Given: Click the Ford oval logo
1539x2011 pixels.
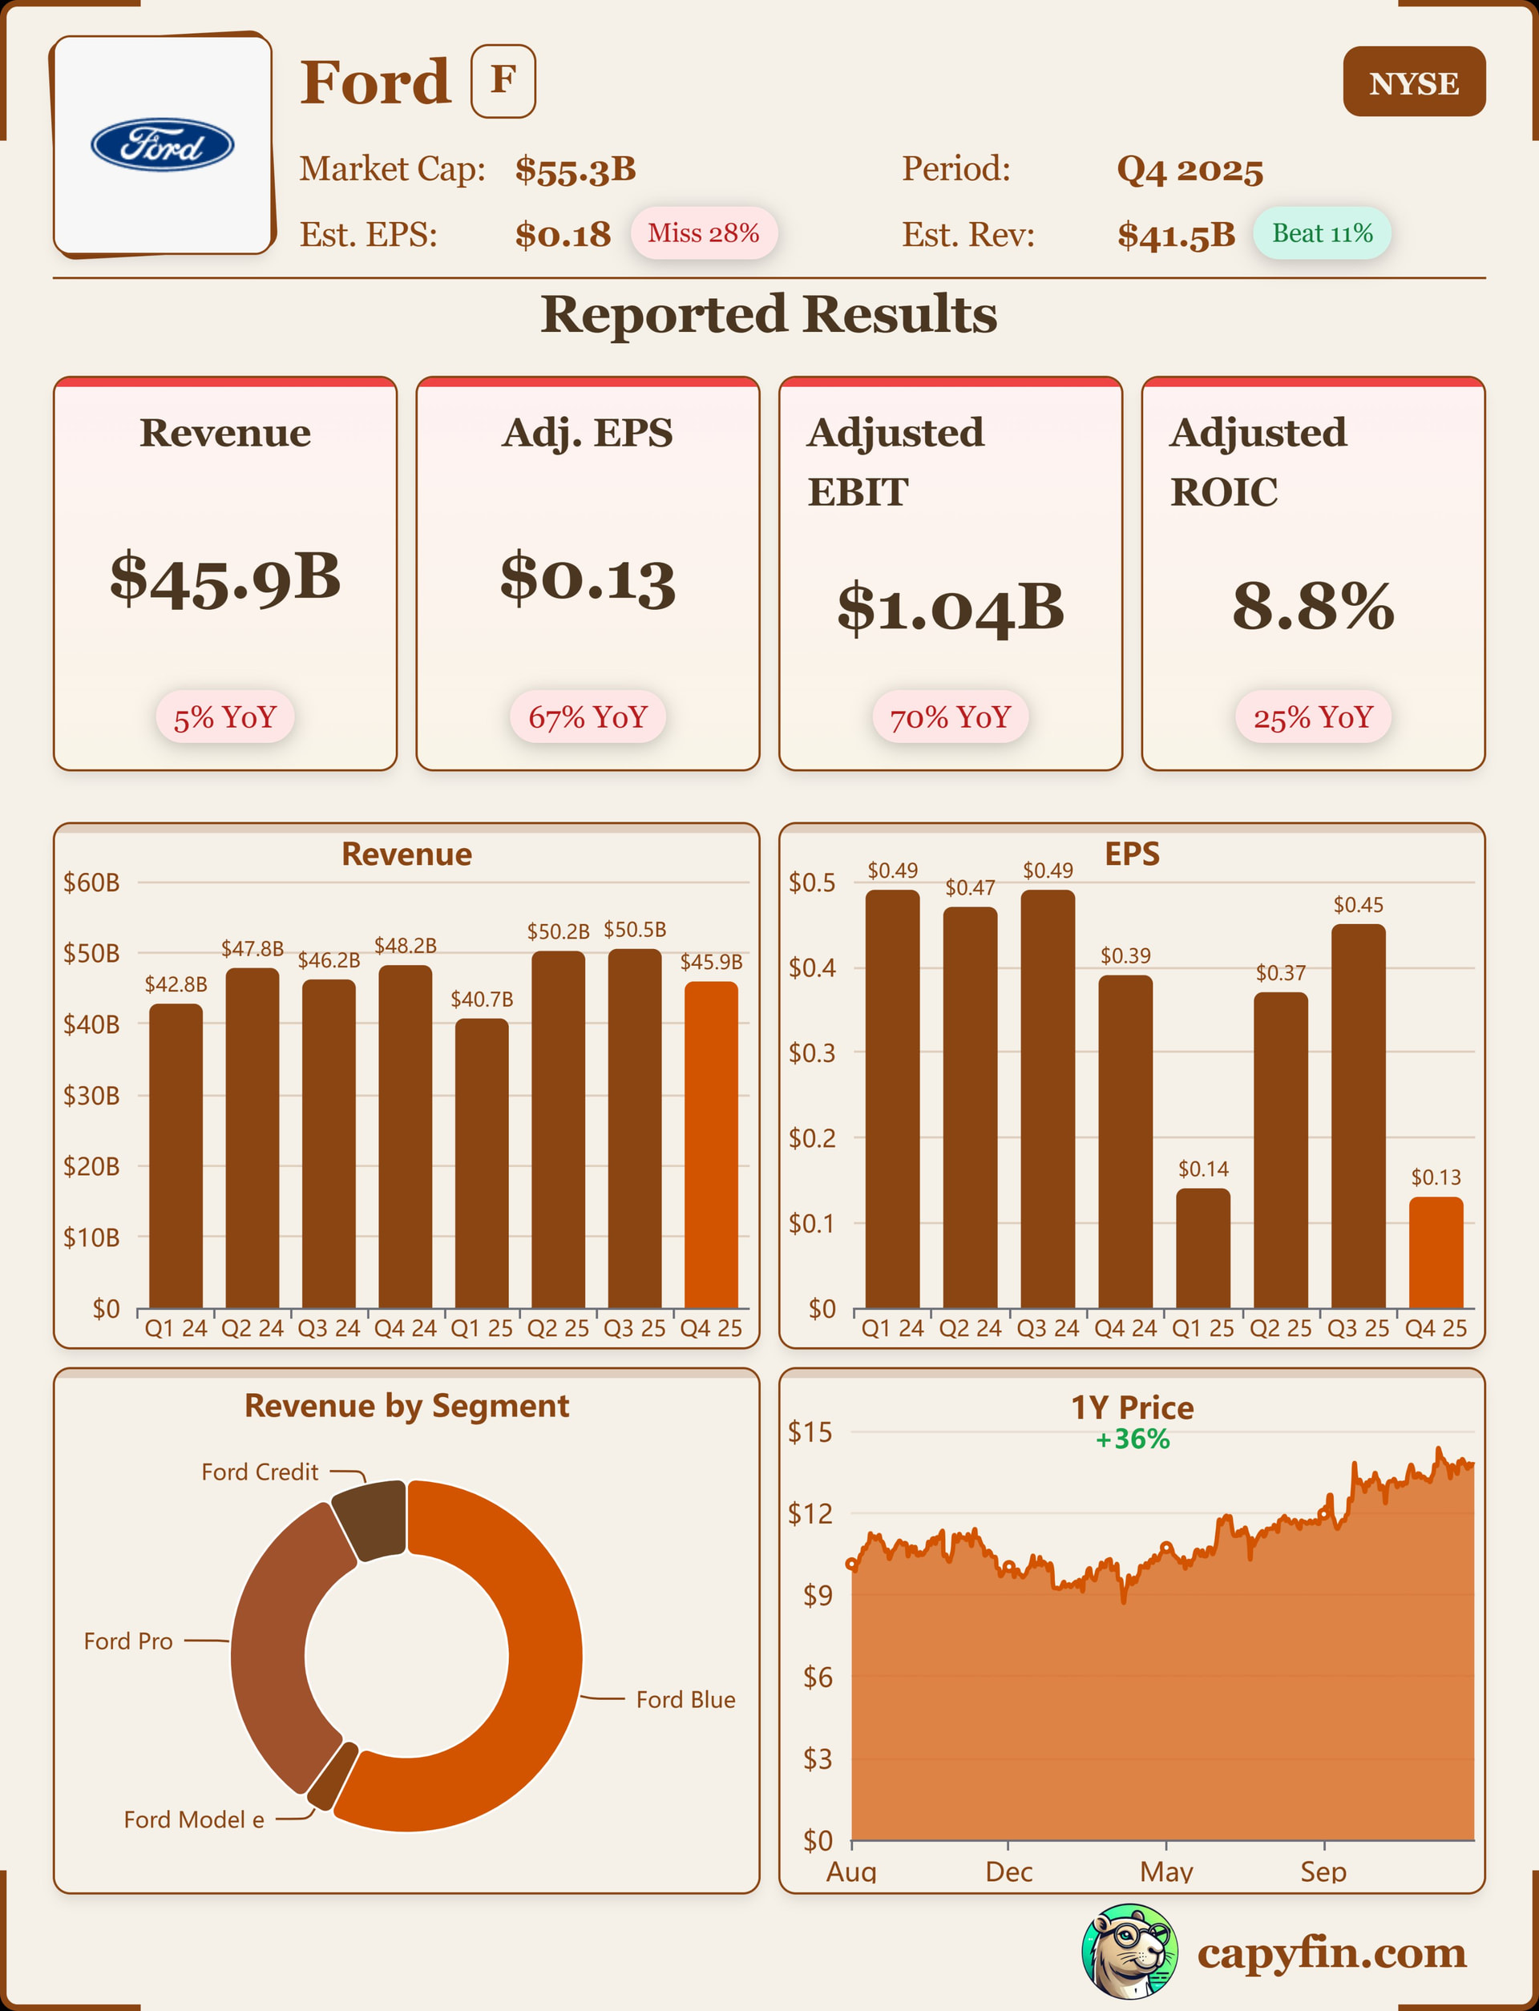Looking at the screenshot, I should pyautogui.click(x=162, y=145).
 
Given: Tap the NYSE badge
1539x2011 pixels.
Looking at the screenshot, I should pyautogui.click(x=1413, y=83).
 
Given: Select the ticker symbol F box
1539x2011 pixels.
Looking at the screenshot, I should pyautogui.click(x=503, y=81).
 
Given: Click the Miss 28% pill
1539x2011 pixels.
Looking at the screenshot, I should pyautogui.click(x=703, y=233).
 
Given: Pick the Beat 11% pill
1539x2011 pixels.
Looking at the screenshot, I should pyautogui.click(x=1321, y=233).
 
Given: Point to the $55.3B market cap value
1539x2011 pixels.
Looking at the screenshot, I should pyautogui.click(x=576, y=169).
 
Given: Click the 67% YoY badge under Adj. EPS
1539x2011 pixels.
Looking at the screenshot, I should pyautogui.click(x=588, y=717).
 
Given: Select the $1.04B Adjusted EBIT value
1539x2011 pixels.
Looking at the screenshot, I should pyautogui.click(x=950, y=608).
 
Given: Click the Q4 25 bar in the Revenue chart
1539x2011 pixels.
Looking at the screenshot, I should pyautogui.click(x=711, y=1145).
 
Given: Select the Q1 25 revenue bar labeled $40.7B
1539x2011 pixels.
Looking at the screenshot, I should pyautogui.click(x=481, y=1163).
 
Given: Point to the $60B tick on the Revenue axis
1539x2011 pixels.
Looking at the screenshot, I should pyautogui.click(x=91, y=882).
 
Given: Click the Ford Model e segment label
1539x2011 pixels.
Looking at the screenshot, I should pyautogui.click(x=193, y=1819).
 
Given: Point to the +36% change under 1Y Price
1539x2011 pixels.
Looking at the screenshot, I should pyautogui.click(x=1133, y=1440).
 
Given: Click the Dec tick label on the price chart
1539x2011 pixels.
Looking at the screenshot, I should pyautogui.click(x=1008, y=1872).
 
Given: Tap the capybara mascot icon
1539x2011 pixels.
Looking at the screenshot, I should pyautogui.click(x=1129, y=1952).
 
